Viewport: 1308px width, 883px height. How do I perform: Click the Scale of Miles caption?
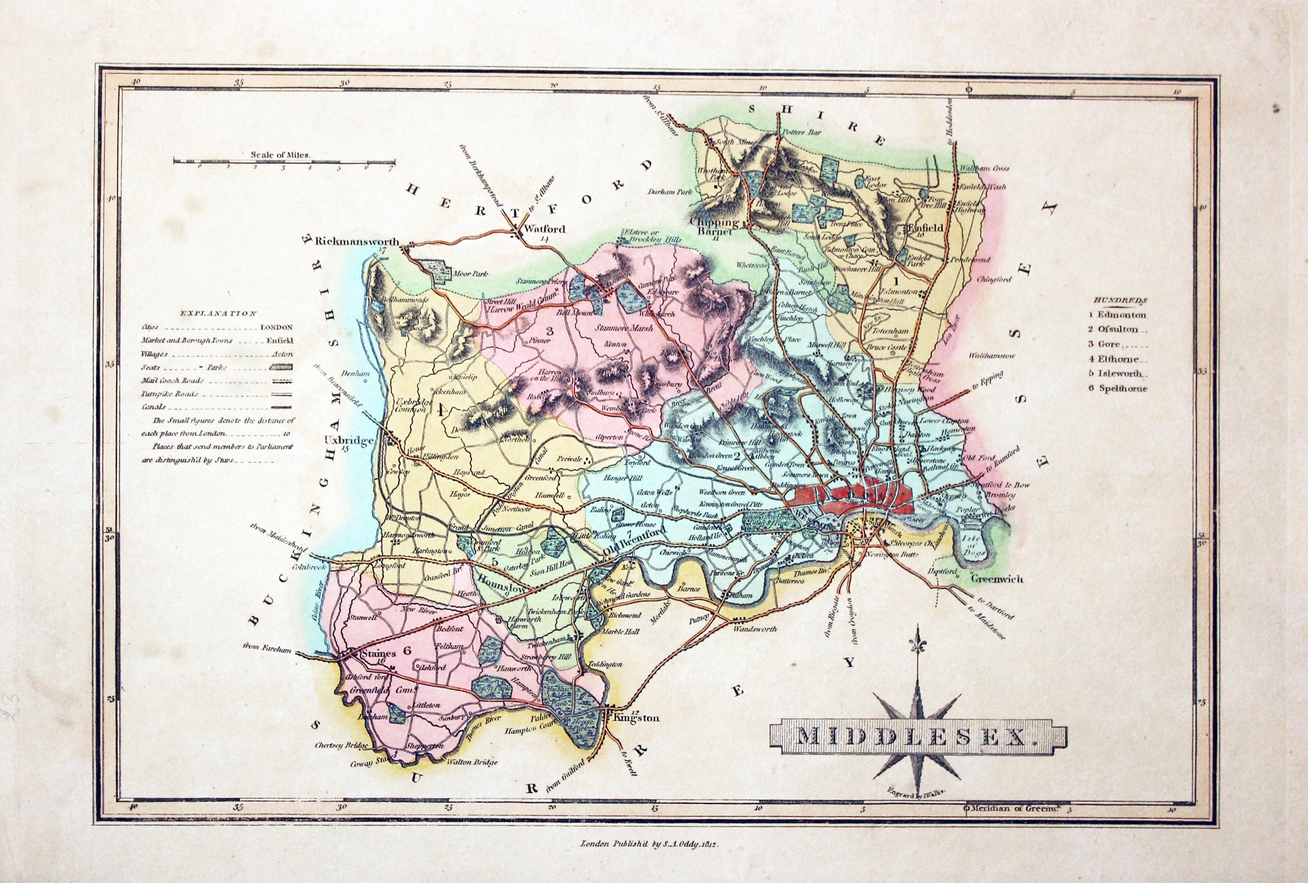(x=281, y=154)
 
